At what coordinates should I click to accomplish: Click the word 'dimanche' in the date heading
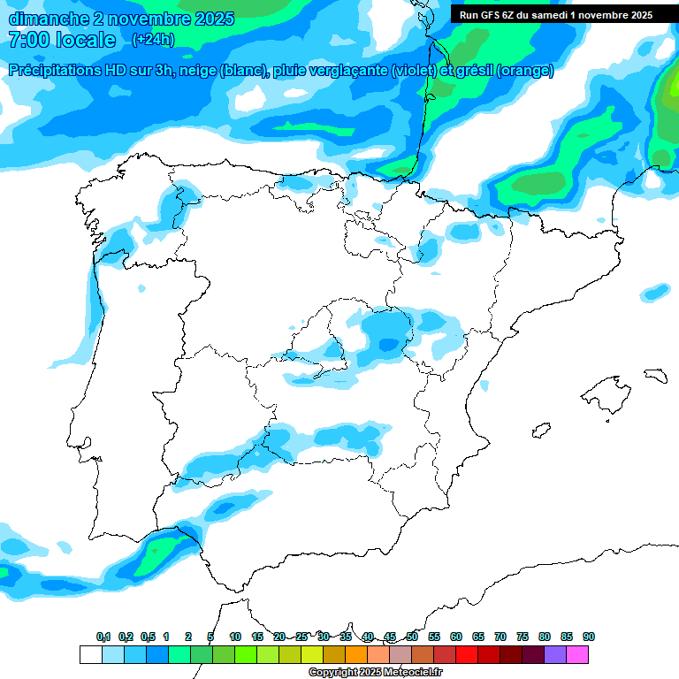click(47, 19)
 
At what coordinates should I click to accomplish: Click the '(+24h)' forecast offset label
click(153, 40)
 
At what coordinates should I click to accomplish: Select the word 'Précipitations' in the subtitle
click(54, 71)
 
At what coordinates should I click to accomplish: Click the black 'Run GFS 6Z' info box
click(555, 15)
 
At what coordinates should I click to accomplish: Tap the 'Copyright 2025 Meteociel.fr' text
click(376, 672)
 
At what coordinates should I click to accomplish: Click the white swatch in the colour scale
click(90, 654)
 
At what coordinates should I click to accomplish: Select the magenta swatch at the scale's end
click(577, 654)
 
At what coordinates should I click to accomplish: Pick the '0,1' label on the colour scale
click(103, 637)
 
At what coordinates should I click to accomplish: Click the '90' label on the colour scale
click(589, 637)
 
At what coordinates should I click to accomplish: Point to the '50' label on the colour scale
click(412, 637)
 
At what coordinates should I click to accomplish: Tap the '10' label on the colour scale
click(235, 637)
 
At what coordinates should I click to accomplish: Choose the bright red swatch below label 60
click(467, 654)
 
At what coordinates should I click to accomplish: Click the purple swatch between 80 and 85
click(555, 654)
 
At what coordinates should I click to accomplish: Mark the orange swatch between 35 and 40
click(356, 654)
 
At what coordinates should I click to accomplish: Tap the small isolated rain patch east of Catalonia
click(656, 292)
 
